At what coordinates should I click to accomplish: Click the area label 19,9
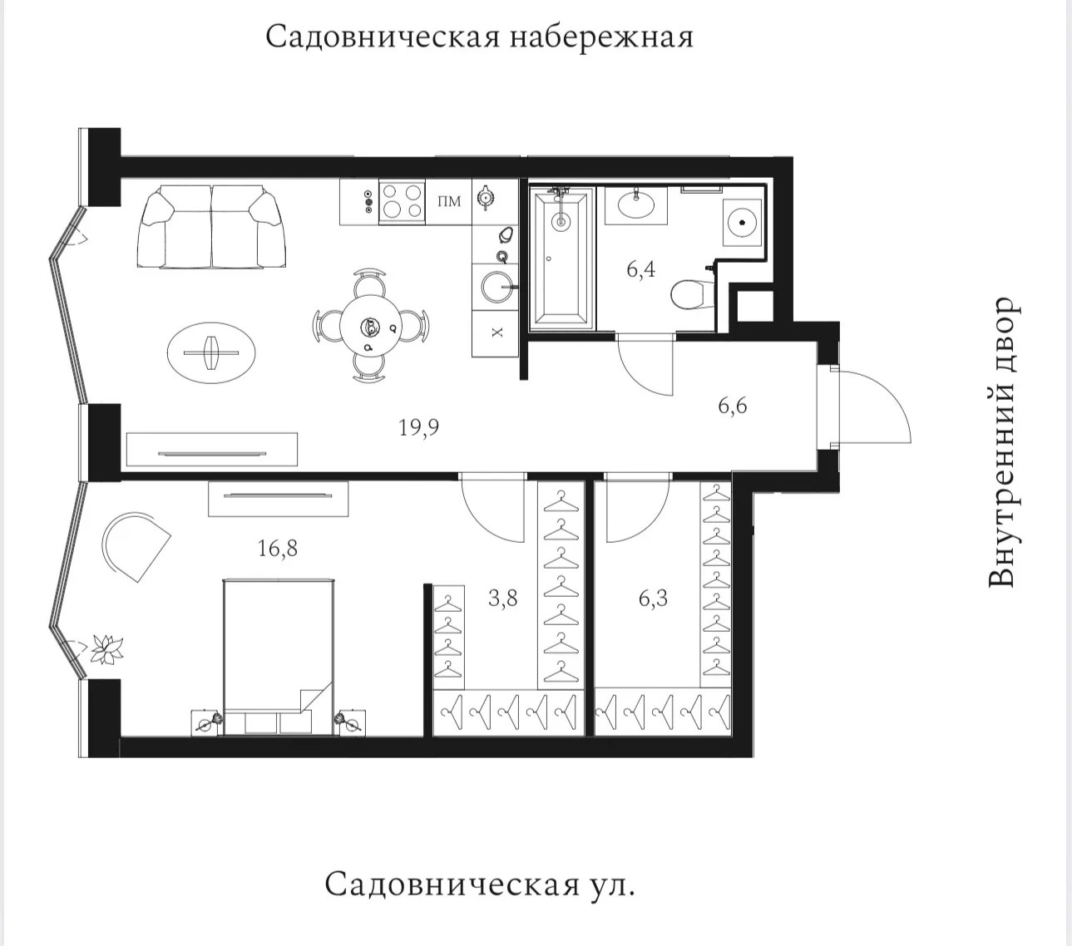click(x=418, y=428)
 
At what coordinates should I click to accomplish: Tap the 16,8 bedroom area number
click(x=277, y=549)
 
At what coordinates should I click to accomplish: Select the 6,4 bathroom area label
click(x=640, y=269)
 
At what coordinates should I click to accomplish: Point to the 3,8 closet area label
click(x=502, y=599)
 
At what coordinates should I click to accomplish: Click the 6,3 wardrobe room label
click(x=653, y=599)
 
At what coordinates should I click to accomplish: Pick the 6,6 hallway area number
click(x=733, y=406)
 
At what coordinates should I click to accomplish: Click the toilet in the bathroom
click(x=692, y=294)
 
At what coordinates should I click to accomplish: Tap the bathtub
click(x=561, y=258)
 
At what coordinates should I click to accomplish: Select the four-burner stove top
click(x=403, y=201)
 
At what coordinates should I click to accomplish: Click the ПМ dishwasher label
click(x=449, y=201)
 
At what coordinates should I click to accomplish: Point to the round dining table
click(x=369, y=326)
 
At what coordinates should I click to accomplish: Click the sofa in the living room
click(x=211, y=227)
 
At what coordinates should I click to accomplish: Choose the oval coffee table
click(x=211, y=352)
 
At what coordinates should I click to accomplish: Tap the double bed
click(x=279, y=657)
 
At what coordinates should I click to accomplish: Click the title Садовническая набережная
click(x=479, y=37)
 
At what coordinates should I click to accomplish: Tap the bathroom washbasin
click(x=636, y=205)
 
